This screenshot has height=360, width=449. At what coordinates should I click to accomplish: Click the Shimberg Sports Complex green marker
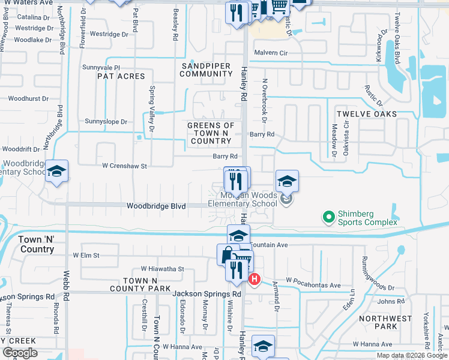(328, 217)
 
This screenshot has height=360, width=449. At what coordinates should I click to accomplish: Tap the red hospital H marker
(254, 279)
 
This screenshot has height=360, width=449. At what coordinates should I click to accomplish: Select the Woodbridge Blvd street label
(155, 206)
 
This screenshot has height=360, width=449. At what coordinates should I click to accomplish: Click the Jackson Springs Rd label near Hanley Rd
(206, 294)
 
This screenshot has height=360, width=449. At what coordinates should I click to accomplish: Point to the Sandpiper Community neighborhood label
(206, 69)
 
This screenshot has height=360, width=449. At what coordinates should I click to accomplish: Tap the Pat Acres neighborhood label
(121, 76)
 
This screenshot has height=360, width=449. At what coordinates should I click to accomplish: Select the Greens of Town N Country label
(210, 133)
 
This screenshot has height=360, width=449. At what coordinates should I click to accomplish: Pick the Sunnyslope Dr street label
(106, 121)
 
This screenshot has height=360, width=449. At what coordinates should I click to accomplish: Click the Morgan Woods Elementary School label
(243, 199)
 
